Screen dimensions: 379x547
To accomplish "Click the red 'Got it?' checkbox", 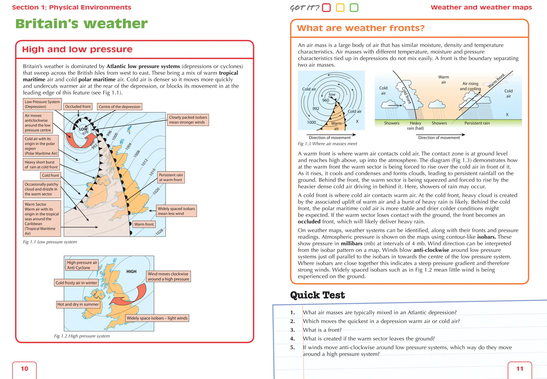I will point(326,8).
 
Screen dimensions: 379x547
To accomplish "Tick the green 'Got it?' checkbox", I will point(354,8).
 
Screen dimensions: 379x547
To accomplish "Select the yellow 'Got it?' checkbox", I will point(340,8).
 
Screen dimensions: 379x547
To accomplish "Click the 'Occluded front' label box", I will point(78,107).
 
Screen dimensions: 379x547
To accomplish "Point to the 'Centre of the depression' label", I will point(120,107).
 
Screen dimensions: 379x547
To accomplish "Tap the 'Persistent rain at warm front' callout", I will point(171,177).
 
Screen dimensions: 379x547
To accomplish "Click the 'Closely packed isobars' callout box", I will point(188,120).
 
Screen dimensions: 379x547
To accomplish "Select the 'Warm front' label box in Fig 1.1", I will point(144,224).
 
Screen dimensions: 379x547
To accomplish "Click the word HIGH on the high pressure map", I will point(131,272).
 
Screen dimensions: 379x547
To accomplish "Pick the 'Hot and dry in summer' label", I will point(78,304).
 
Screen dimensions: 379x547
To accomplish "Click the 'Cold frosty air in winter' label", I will point(76,283).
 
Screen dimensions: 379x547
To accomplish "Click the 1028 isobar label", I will point(159,232).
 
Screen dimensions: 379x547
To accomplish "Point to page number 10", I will point(24,369).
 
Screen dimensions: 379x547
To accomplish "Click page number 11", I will point(520,369).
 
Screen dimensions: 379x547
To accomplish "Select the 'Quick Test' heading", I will point(317,295).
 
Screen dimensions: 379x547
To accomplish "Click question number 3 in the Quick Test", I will point(292,330).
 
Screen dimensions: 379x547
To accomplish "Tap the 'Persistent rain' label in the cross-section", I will point(477,123).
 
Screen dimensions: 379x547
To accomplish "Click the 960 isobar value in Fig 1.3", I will point(326,100).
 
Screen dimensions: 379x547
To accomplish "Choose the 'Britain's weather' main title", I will point(82,24).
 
